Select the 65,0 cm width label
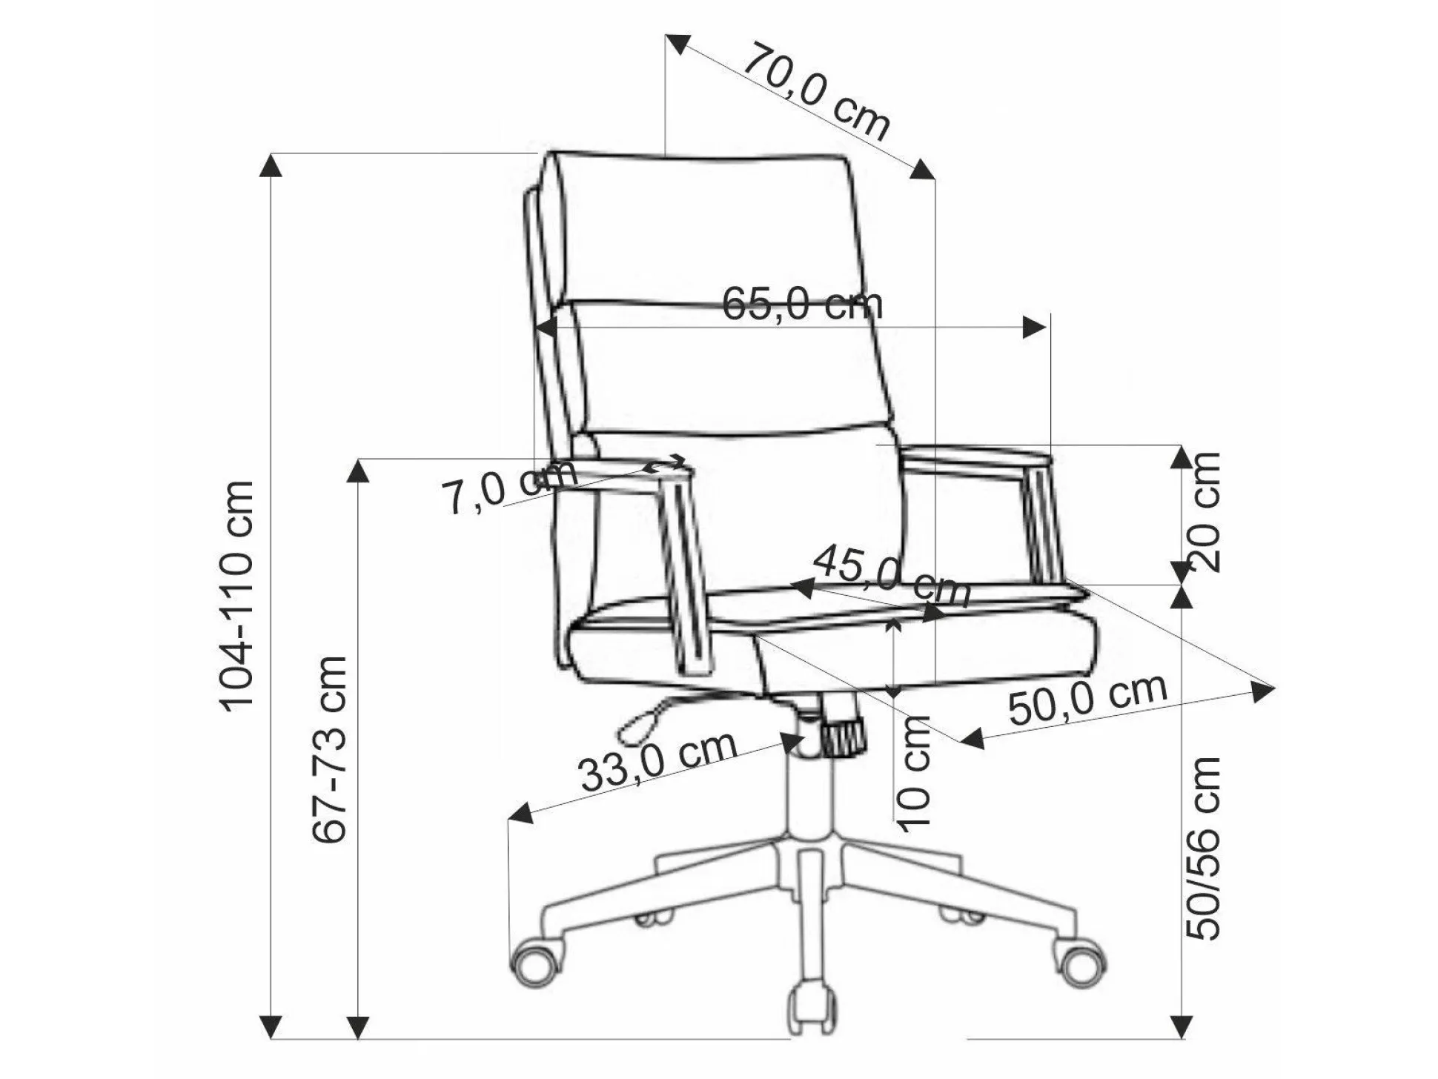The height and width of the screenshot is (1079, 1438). pyautogui.click(x=803, y=304)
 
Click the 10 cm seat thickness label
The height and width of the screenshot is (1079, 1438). pyautogui.click(x=914, y=773)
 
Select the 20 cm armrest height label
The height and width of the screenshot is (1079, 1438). pyautogui.click(x=1203, y=511)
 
